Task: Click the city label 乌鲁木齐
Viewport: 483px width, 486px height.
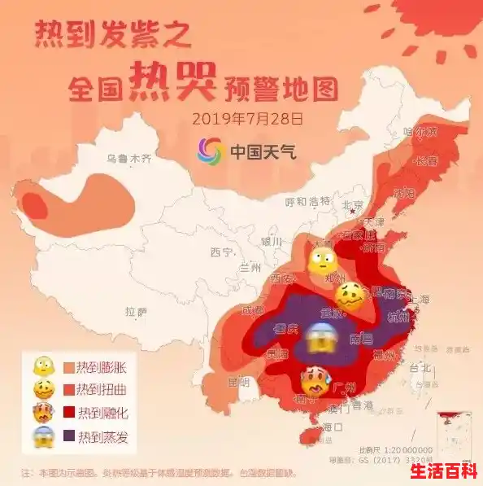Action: [x=129, y=160]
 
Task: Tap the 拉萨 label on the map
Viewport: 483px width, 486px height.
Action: [x=137, y=311]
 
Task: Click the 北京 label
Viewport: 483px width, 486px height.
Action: [x=352, y=205]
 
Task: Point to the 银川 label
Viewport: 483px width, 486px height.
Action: [x=271, y=242]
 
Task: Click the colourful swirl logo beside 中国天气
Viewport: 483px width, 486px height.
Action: [x=211, y=151]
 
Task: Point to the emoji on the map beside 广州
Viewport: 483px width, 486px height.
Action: [x=314, y=380]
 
